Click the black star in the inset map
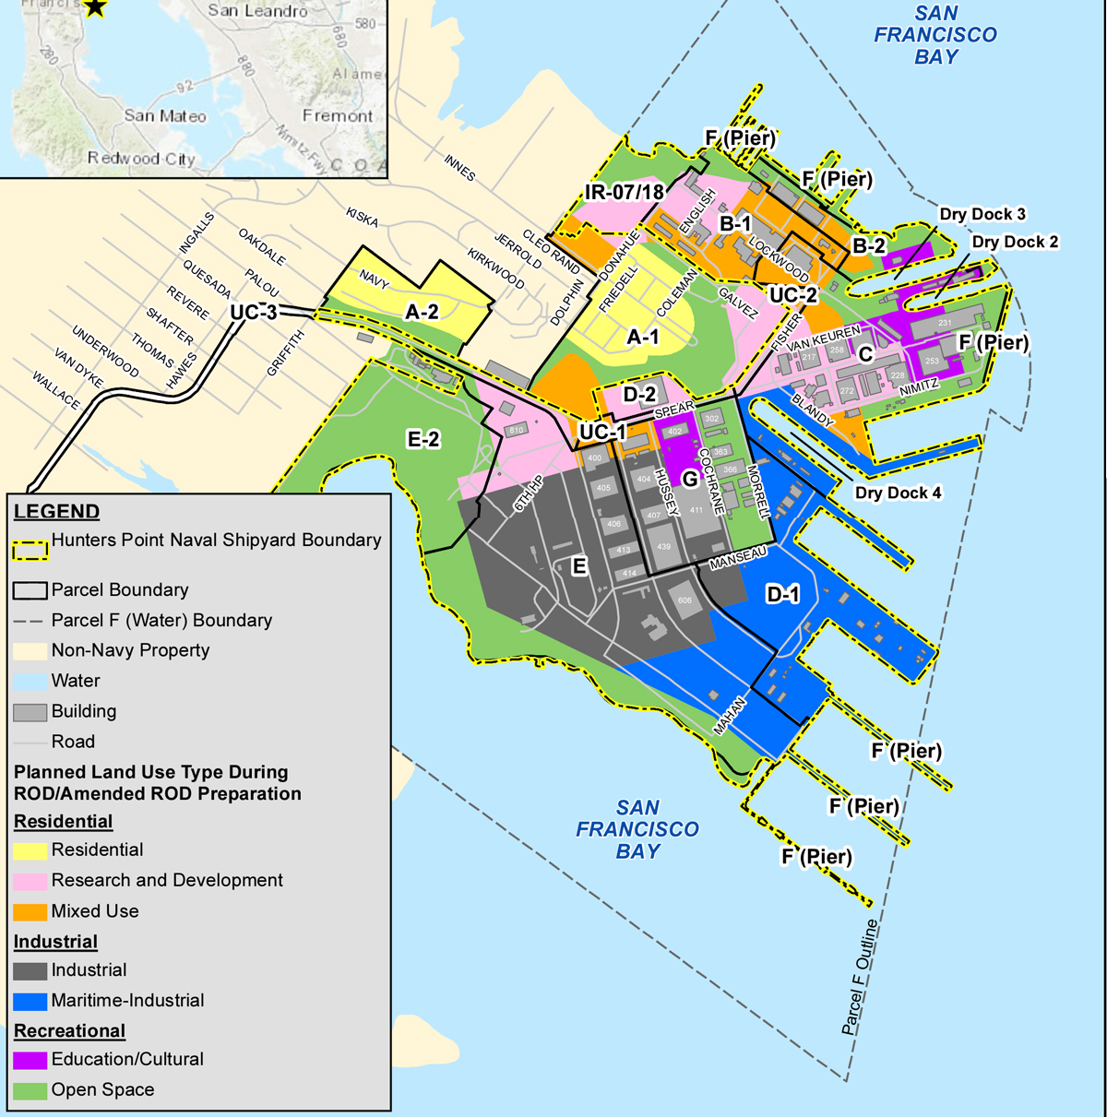point(95,7)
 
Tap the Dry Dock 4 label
point(898,493)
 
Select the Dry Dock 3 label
point(982,214)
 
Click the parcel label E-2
point(423,439)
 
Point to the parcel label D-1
point(783,594)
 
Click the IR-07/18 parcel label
point(625,192)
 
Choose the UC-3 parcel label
point(253,313)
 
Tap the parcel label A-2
point(422,313)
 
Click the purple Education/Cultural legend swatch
point(30,1060)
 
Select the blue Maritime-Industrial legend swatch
point(30,1001)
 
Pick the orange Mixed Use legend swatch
point(30,911)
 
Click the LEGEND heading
point(56,512)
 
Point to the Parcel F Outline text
point(860,978)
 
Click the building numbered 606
point(684,600)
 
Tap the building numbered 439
point(663,547)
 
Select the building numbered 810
point(517,430)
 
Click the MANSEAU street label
point(738,557)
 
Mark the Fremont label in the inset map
point(338,116)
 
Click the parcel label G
point(689,479)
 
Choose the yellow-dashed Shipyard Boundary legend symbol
point(30,550)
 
